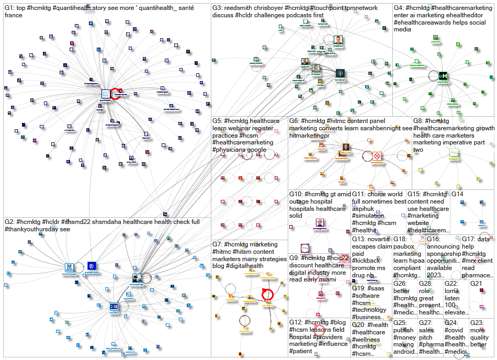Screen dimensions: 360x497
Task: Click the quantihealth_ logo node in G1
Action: pos(105,94)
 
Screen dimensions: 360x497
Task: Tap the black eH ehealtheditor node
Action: pos(443,76)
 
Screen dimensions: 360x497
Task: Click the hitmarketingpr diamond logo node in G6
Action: pos(377,156)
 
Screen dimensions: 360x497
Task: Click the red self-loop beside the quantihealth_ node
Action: pos(116,94)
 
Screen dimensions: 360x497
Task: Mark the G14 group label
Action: pos(457,194)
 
